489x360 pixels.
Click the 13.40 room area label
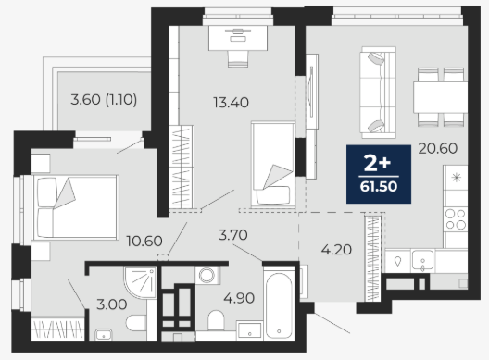coord(232,103)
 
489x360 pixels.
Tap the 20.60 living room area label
coord(438,148)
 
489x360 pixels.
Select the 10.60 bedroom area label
coord(144,241)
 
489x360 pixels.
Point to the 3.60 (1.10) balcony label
coord(104,100)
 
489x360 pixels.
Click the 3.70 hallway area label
coord(233,235)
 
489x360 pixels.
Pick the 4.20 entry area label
coord(336,250)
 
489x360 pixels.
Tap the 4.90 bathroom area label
coord(239,298)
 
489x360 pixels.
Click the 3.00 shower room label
coord(112,304)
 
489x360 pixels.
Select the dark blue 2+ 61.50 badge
coord(379,174)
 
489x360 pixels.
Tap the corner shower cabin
coord(141,282)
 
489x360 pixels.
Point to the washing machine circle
coord(207,275)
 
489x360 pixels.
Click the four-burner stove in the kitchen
coord(456,219)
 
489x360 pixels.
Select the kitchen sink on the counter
coord(423,260)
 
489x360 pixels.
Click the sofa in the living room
coord(378,93)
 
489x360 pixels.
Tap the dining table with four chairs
coord(440,97)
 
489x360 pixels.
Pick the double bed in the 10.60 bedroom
coord(75,207)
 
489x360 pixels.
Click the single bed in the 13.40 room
coord(273,165)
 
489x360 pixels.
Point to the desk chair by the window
coord(238,58)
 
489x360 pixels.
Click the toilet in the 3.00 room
coord(136,323)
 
